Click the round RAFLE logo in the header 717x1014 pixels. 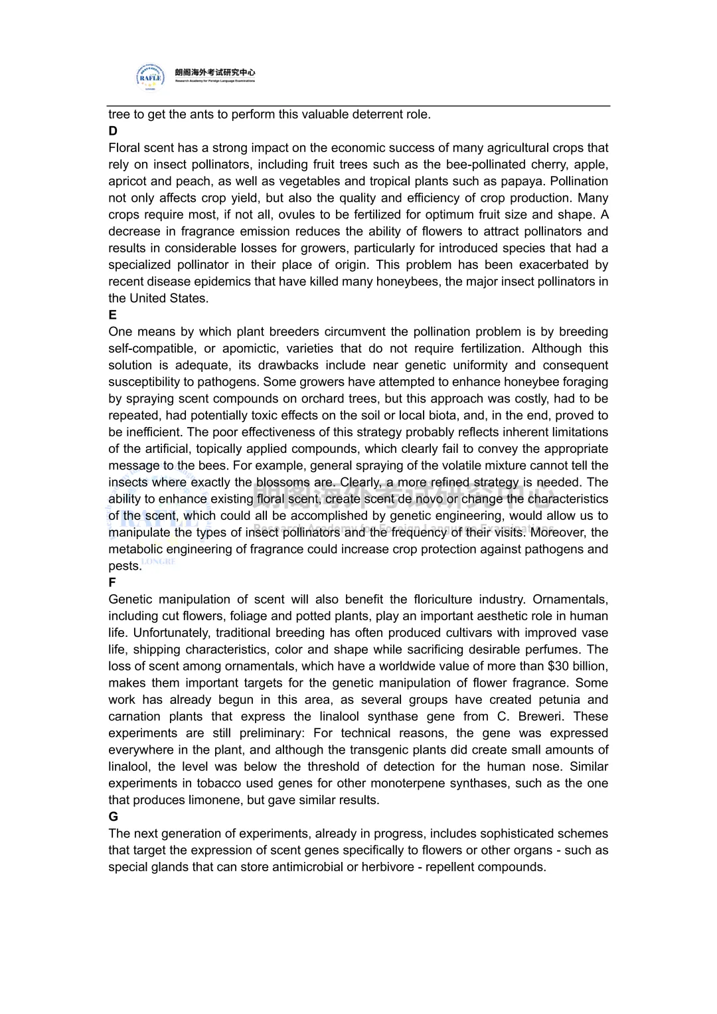coord(150,76)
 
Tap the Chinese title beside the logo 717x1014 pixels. coord(215,72)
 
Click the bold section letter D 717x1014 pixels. coord(113,131)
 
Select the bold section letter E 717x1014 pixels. coord(113,315)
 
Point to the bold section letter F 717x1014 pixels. coord(112,582)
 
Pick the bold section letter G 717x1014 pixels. coord(114,817)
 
